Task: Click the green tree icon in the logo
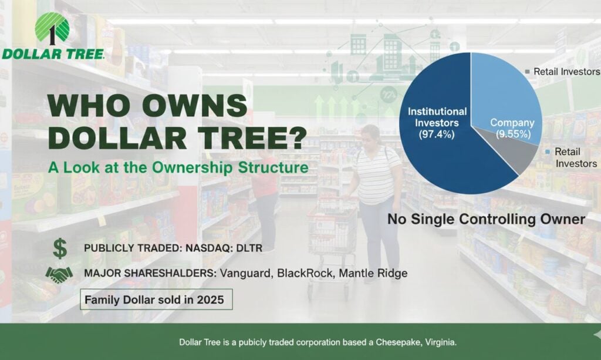click(x=52, y=27)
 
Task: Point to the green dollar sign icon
click(x=59, y=248)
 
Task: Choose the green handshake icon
click(x=59, y=273)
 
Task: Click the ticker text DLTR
click(x=247, y=248)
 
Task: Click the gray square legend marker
click(x=527, y=71)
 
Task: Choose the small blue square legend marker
click(x=548, y=152)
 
